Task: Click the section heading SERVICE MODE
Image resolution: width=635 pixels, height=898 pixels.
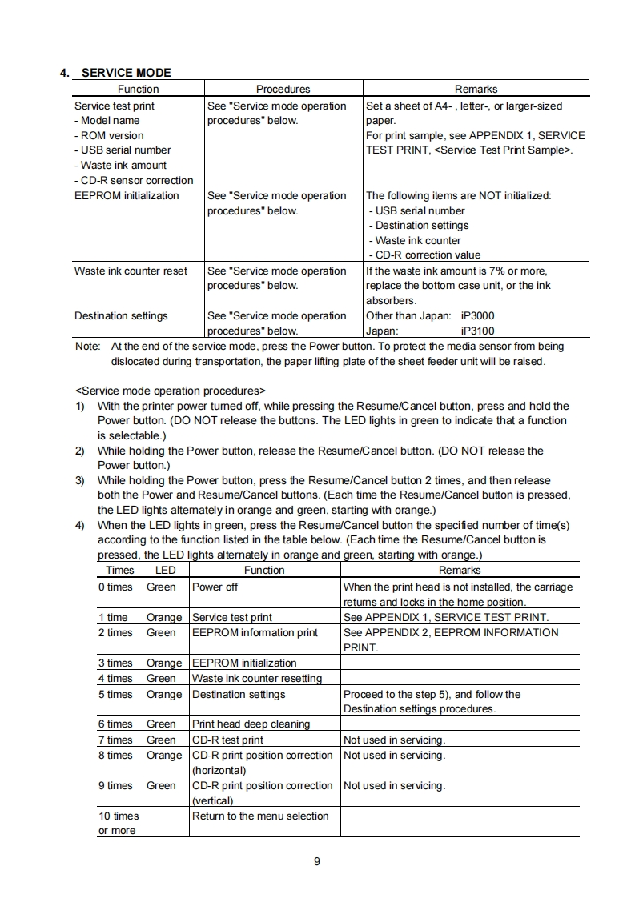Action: pyautogui.click(x=126, y=73)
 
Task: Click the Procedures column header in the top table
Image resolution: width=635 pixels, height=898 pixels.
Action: pyautogui.click(x=283, y=89)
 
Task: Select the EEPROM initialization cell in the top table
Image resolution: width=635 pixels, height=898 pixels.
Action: pyautogui.click(x=127, y=195)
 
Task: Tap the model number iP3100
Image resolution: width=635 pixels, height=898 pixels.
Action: pyautogui.click(x=478, y=331)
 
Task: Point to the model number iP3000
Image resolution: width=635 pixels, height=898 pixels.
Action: pyautogui.click(x=478, y=315)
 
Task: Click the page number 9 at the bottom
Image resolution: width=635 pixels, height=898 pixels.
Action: pyautogui.click(x=317, y=861)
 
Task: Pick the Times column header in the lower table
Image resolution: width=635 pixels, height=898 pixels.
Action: pyautogui.click(x=120, y=570)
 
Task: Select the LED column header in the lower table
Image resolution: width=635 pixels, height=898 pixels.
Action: pyautogui.click(x=165, y=570)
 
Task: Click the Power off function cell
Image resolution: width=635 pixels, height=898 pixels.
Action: pyautogui.click(x=215, y=587)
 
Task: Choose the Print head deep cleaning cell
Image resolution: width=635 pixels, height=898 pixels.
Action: pyautogui.click(x=251, y=724)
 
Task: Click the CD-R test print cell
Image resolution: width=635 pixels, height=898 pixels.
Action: pyautogui.click(x=227, y=740)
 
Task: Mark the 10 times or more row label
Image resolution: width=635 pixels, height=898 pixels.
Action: pyautogui.click(x=118, y=823)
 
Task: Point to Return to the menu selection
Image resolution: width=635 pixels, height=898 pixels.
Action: pyautogui.click(x=260, y=816)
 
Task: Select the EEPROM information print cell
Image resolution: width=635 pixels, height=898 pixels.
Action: pyautogui.click(x=255, y=632)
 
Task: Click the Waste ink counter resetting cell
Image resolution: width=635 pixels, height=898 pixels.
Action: pyautogui.click(x=257, y=678)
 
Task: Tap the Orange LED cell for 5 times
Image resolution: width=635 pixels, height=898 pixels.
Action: pyautogui.click(x=164, y=694)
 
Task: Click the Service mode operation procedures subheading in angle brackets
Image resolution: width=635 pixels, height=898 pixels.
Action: pyautogui.click(x=170, y=391)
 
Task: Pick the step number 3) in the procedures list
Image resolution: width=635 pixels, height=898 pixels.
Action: pyautogui.click(x=80, y=480)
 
